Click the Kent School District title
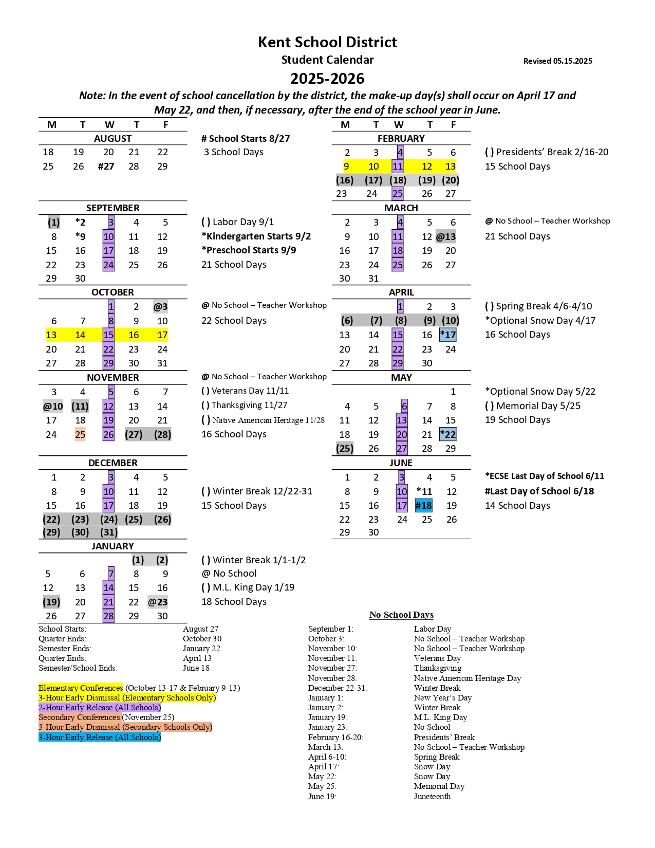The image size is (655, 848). click(327, 42)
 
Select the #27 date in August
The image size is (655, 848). click(106, 167)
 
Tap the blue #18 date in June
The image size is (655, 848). click(424, 506)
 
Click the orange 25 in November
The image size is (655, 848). click(80, 435)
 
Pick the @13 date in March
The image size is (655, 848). click(446, 237)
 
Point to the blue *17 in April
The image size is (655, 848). click(448, 335)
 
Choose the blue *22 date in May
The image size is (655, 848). click(448, 434)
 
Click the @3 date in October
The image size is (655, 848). click(160, 307)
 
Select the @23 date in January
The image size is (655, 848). click(158, 602)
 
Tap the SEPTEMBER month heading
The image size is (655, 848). click(113, 208)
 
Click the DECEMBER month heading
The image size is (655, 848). click(113, 463)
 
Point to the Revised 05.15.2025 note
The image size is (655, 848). click(557, 61)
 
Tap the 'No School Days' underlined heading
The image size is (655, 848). click(401, 615)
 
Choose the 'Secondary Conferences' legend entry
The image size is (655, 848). click(79, 717)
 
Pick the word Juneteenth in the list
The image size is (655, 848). click(433, 797)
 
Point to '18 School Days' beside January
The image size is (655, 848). click(234, 602)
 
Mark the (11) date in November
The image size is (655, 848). click(80, 407)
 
